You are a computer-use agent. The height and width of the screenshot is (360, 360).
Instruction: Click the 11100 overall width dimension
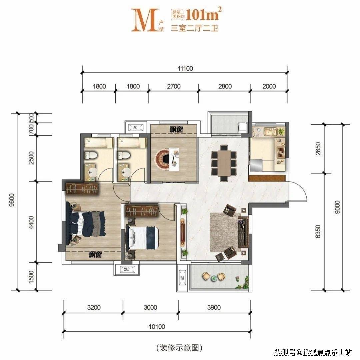185,69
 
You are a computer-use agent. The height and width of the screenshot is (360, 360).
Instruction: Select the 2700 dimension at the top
174,86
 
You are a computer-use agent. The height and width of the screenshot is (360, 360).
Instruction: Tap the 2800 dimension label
225,86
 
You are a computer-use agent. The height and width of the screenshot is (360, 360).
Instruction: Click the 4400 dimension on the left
31,222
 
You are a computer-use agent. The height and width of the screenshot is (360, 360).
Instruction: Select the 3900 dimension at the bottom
214,307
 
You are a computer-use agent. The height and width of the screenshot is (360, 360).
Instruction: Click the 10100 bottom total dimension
157,326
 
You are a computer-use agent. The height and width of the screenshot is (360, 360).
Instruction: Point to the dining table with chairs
224,162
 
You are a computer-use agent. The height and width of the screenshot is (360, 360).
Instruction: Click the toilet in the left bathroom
91,155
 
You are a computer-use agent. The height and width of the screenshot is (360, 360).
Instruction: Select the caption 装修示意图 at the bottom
179,348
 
